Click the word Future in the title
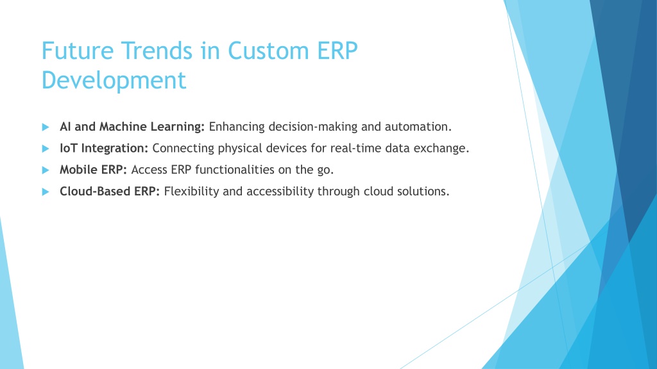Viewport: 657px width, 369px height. point(78,51)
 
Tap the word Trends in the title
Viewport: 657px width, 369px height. point(157,51)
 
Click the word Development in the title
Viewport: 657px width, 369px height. point(114,80)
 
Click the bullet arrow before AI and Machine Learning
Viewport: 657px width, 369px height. point(46,127)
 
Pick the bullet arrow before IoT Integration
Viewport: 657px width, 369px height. point(46,149)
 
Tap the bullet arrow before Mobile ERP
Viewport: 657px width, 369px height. point(46,170)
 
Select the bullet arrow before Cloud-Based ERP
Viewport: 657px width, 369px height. point(46,192)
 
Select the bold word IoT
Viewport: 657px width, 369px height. point(68,148)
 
